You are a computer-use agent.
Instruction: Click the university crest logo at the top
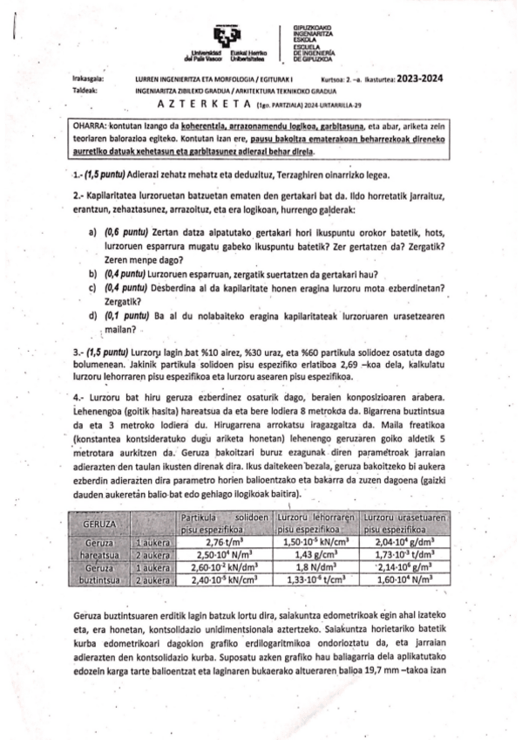(227, 34)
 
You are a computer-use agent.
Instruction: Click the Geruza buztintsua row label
(98, 572)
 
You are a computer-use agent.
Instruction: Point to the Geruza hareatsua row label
(98, 547)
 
